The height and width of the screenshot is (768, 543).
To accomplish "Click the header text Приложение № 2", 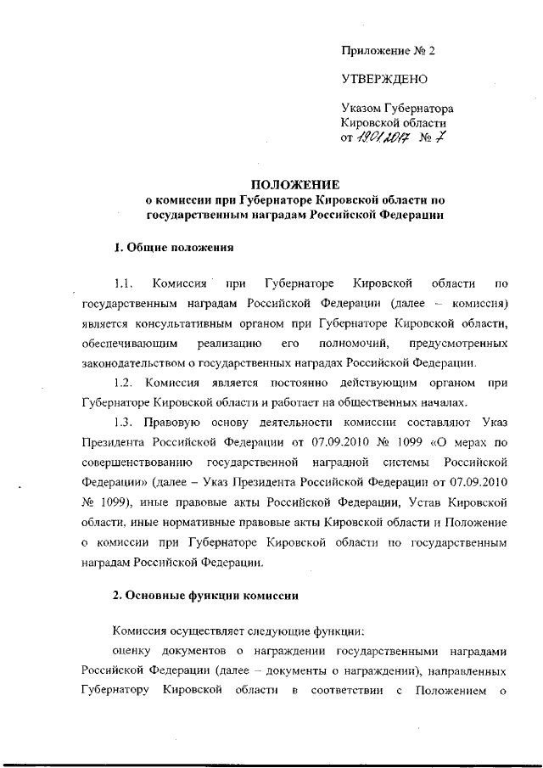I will tap(387, 51).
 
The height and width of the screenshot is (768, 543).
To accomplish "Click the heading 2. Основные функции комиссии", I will tap(205, 595).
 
